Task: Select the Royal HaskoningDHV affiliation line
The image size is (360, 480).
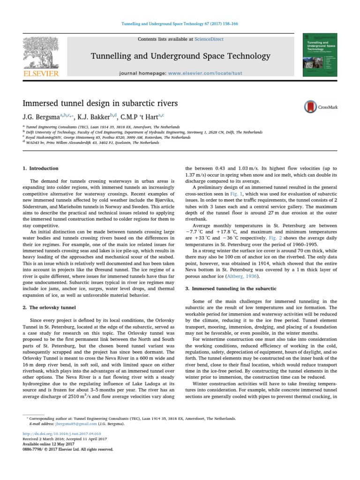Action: [95, 137]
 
